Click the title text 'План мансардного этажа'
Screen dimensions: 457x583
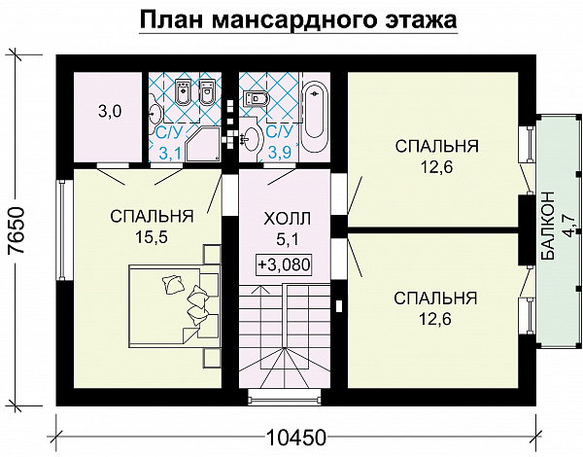coord(298,20)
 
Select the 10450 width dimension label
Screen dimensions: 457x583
coord(294,436)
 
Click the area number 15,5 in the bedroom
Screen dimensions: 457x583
coord(151,234)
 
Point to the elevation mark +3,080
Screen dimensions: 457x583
coord(286,264)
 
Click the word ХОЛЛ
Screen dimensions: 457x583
coord(286,221)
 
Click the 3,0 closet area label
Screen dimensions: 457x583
coord(109,111)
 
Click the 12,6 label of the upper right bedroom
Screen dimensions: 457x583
coord(435,165)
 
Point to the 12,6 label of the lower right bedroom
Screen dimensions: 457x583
coord(435,316)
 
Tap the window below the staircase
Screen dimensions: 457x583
coord(285,396)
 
